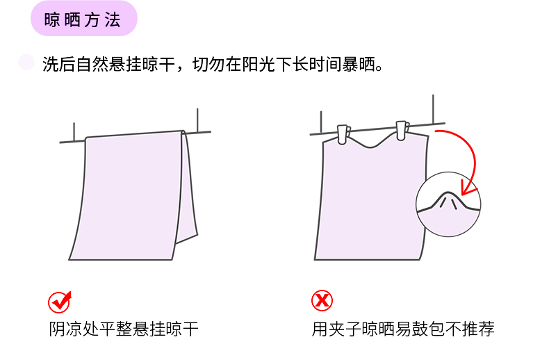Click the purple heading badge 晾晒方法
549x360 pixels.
[84, 18]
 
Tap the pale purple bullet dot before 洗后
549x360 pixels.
[26, 63]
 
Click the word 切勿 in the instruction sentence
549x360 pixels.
[209, 64]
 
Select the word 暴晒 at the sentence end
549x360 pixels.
[359, 64]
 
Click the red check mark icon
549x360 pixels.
[60, 302]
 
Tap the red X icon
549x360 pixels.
[322, 300]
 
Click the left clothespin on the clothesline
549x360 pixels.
[343, 134]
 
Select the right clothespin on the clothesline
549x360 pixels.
[402, 131]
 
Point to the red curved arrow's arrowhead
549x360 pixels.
[468, 188]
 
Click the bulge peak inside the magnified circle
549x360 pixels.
[448, 193]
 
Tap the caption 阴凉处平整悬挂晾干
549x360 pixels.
[124, 329]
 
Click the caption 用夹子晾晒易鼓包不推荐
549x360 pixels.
[403, 329]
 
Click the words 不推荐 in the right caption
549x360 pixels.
[470, 329]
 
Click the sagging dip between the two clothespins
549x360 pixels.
[371, 145]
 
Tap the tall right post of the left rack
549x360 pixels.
[197, 120]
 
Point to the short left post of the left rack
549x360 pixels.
[74, 131]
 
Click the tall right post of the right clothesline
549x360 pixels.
[433, 109]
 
